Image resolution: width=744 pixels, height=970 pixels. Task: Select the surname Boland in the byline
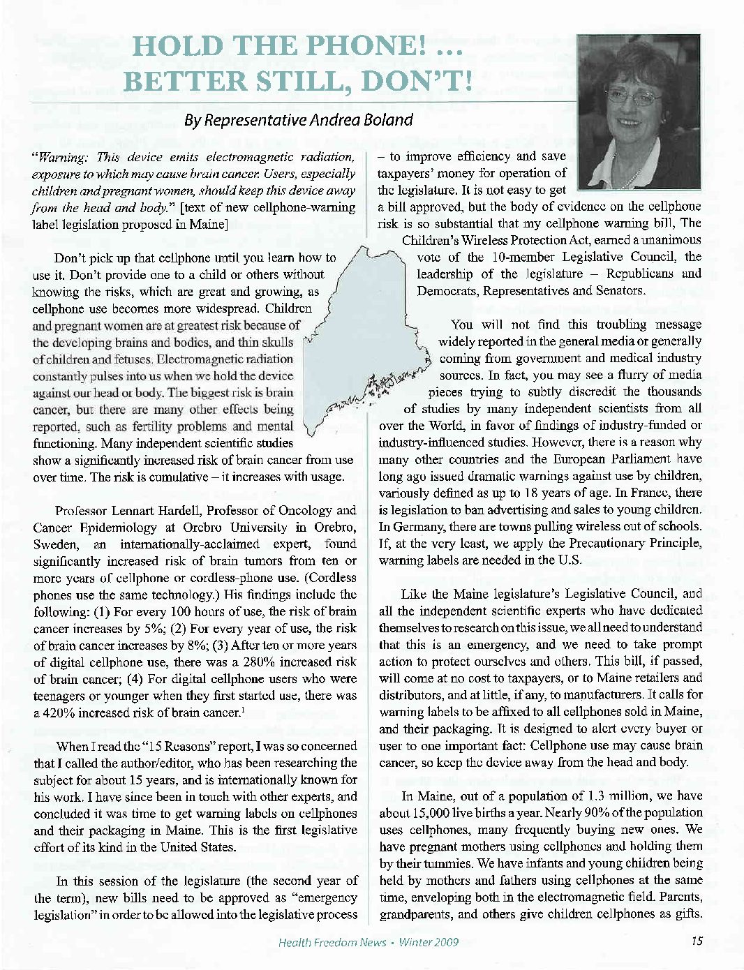(382, 120)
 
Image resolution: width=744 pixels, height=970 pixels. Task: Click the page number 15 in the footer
(696, 941)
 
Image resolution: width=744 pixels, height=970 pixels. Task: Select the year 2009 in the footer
(445, 942)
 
